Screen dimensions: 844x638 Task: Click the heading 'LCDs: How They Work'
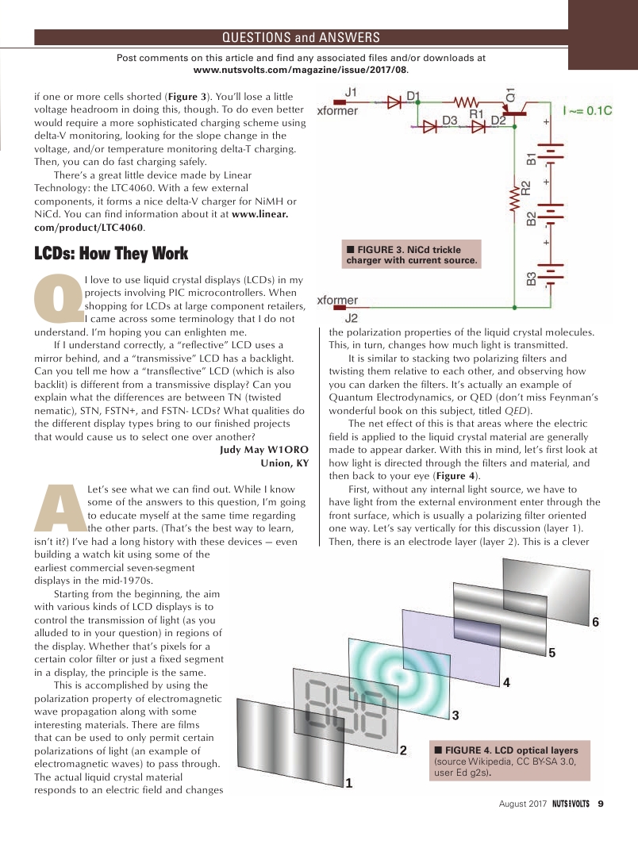pyautogui.click(x=111, y=254)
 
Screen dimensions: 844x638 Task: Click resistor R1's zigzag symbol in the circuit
pyautogui.click(x=465, y=102)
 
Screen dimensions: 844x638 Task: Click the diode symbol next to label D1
pyautogui.click(x=393, y=102)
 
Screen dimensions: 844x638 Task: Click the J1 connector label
pyautogui.click(x=350, y=92)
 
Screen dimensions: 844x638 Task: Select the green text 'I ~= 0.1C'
pyautogui.click(x=588, y=110)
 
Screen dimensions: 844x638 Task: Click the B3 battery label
pyautogui.click(x=531, y=278)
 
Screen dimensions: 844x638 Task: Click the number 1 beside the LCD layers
pyautogui.click(x=348, y=783)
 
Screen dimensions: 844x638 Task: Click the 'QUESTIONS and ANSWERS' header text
pyautogui.click(x=301, y=37)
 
